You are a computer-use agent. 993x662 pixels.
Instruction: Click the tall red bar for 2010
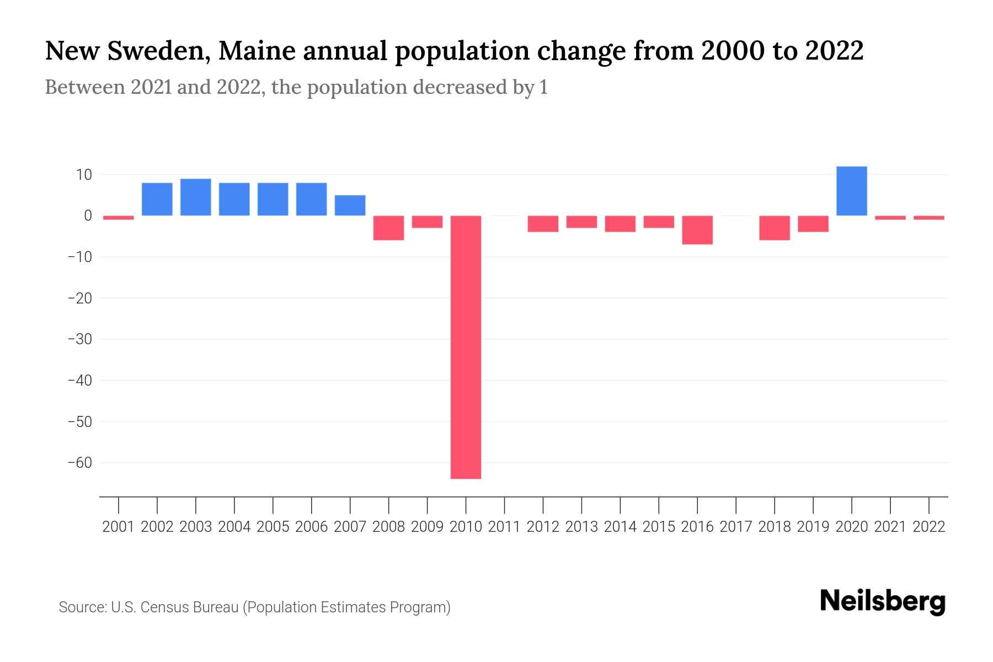466,348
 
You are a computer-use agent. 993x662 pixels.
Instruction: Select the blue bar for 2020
852,191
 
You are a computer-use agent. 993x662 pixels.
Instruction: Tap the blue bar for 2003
196,197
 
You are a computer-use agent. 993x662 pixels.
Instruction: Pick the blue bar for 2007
350,205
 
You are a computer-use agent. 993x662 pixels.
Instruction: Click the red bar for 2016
697,230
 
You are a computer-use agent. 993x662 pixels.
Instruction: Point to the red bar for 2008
388,228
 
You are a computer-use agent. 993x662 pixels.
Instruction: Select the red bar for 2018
775,228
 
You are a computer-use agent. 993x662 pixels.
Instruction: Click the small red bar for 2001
119,218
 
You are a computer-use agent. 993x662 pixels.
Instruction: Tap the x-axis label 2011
504,527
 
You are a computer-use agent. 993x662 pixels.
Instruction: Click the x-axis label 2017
736,527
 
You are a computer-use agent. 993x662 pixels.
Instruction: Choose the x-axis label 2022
929,527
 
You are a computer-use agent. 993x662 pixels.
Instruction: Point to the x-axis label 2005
273,527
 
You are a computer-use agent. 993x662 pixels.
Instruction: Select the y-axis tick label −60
80,463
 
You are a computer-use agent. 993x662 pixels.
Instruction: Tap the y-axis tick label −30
80,339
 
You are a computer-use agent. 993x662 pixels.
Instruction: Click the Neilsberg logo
883,602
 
